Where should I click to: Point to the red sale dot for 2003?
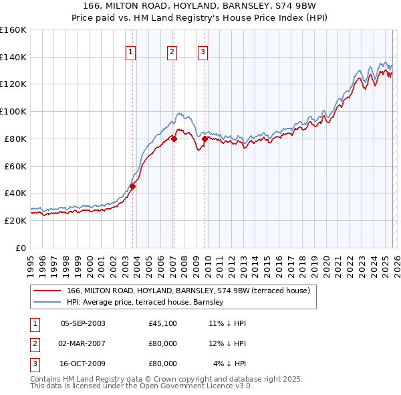(132, 187)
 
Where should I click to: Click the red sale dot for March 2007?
(174, 139)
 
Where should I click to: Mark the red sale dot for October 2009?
(205, 139)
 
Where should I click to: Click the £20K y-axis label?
(15, 220)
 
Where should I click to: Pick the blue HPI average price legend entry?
(148, 303)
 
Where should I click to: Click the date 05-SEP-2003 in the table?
(82, 323)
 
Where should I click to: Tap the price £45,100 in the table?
(162, 323)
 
